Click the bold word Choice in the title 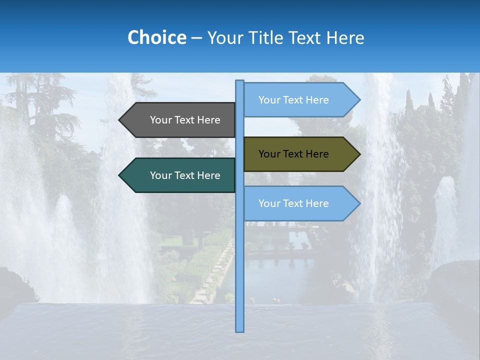[x=156, y=37]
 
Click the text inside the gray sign [x=185, y=120]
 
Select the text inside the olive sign [x=293, y=154]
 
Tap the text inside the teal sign [x=185, y=175]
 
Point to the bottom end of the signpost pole [x=239, y=330]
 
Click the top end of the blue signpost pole [x=239, y=82]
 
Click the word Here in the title [x=345, y=37]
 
